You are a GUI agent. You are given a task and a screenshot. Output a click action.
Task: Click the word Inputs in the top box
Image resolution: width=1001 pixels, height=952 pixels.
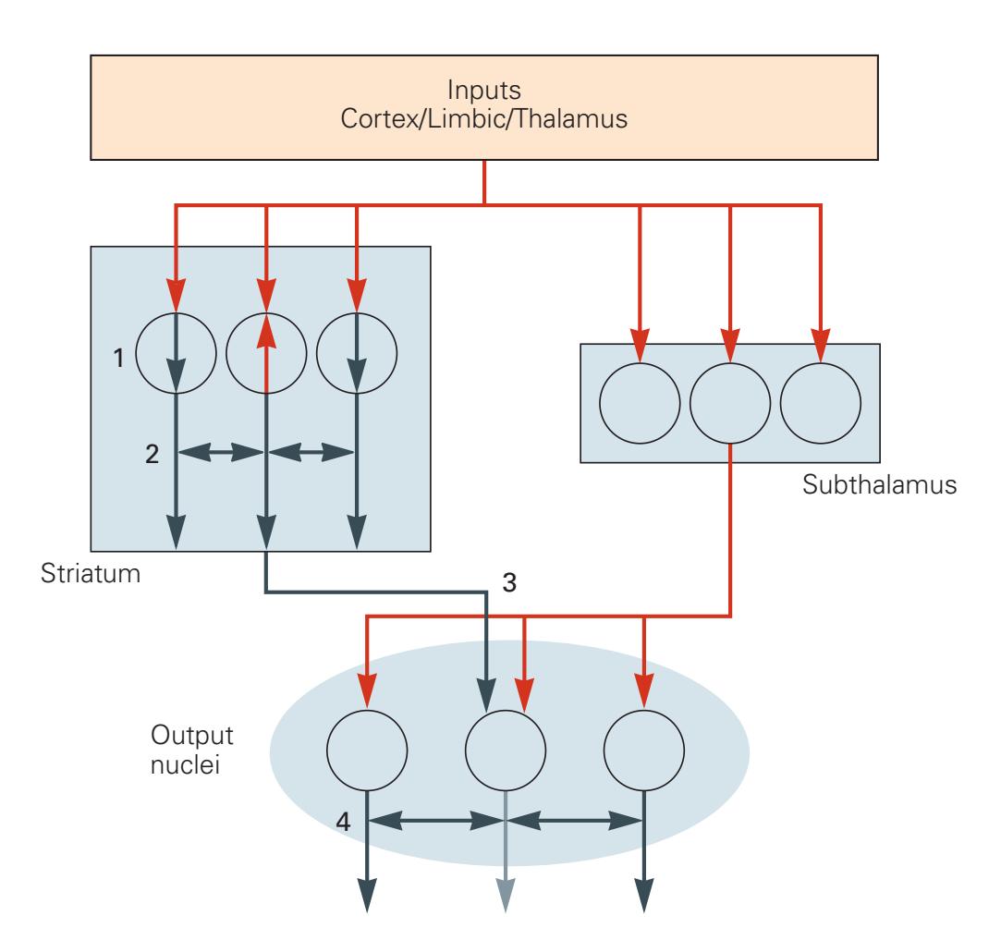pos(485,92)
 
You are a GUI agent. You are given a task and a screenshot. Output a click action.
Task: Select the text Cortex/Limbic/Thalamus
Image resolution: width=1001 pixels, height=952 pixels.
pos(485,124)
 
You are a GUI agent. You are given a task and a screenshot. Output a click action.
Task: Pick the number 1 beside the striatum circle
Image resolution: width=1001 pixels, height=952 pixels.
pos(118,358)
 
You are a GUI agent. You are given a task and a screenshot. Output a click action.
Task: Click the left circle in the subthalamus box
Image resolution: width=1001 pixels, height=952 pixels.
pos(640,402)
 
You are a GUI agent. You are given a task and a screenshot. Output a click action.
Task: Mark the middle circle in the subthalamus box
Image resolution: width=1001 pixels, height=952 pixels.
pos(730,402)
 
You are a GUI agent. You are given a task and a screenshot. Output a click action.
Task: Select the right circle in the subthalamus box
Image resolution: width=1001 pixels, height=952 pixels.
pos(820,402)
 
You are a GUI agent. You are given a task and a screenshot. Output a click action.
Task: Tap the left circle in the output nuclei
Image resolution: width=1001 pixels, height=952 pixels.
pos(368,751)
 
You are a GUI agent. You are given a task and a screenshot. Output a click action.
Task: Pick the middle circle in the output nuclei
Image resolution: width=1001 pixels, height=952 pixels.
pos(505,751)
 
